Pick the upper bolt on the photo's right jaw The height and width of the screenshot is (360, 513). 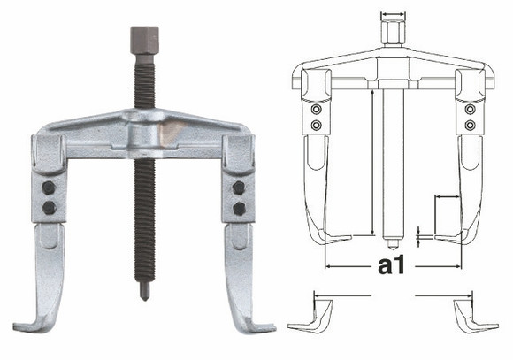coord(237,189)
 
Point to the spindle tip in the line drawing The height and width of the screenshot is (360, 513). coord(392,241)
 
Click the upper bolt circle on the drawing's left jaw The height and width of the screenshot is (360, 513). coord(317,111)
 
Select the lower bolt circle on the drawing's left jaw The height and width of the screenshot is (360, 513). coord(317,126)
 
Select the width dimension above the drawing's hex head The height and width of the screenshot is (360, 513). coord(392,14)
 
